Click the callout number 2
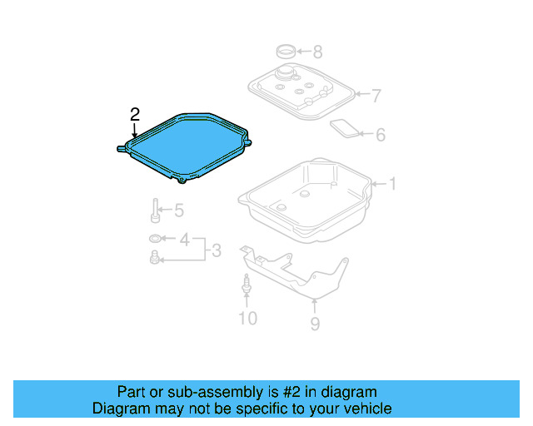click(x=135, y=113)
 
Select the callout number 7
click(x=376, y=96)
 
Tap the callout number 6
click(x=380, y=134)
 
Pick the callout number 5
click(x=178, y=211)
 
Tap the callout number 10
click(x=247, y=318)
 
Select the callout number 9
click(x=315, y=324)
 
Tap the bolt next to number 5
click(x=156, y=211)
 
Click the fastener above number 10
click(x=247, y=285)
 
